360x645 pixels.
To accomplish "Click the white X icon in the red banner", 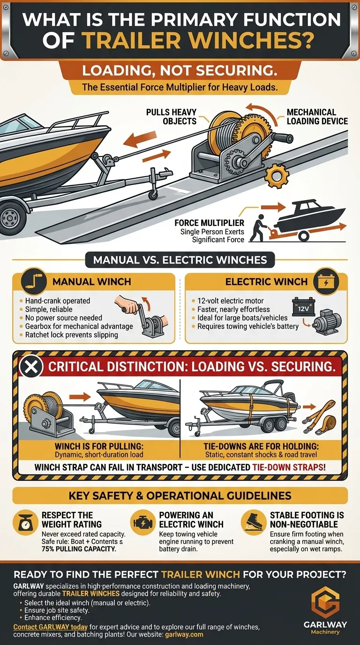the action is [x=31, y=367].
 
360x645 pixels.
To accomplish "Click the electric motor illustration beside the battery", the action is [x=327, y=322].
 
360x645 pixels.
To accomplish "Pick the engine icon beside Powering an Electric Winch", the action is [x=142, y=522].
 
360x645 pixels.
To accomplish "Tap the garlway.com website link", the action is [x=184, y=635].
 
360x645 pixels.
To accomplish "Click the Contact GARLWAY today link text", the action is [x=51, y=627].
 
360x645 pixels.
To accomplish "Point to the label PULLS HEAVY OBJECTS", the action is [x=172, y=117].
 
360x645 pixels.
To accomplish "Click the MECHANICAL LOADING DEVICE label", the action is [x=317, y=117].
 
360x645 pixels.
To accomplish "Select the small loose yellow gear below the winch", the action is [x=276, y=176].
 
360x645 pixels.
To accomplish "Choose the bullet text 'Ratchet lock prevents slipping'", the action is [x=71, y=335].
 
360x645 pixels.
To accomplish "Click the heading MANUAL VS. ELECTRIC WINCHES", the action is [x=180, y=260].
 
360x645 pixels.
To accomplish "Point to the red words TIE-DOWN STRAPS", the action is [x=289, y=467].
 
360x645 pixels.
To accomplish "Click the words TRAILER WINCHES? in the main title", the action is [x=198, y=41].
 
